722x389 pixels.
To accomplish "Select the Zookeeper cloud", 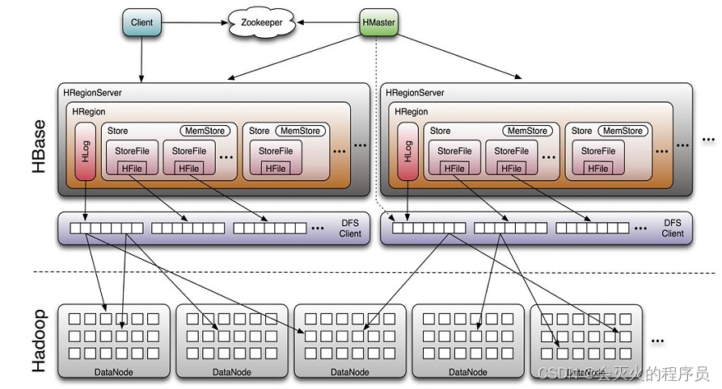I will [262, 23].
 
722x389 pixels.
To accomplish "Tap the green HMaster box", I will [378, 23].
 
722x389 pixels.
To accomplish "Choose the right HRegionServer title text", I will [416, 94].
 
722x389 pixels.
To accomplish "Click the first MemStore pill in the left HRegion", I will [205, 131].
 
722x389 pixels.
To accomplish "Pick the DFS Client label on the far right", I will [673, 228].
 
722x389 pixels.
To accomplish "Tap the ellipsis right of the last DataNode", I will [657, 341].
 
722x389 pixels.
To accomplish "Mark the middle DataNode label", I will [349, 372].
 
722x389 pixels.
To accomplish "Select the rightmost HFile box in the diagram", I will [598, 169].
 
